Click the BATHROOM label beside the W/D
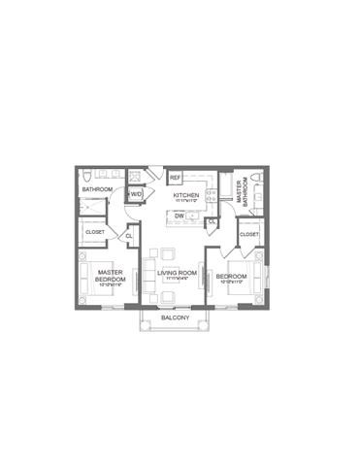tap(97, 189)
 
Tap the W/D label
tap(136, 194)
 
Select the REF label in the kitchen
tap(176, 179)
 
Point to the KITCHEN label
tap(185, 195)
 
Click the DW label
tap(180, 215)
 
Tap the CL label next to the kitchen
tap(213, 222)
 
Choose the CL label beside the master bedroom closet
tap(129, 236)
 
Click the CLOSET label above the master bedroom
tap(95, 232)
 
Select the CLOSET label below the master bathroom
tap(249, 234)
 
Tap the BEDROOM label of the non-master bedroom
tap(231, 276)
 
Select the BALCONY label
tap(174, 318)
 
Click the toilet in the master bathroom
tap(254, 180)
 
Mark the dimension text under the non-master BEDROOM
tap(231, 283)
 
